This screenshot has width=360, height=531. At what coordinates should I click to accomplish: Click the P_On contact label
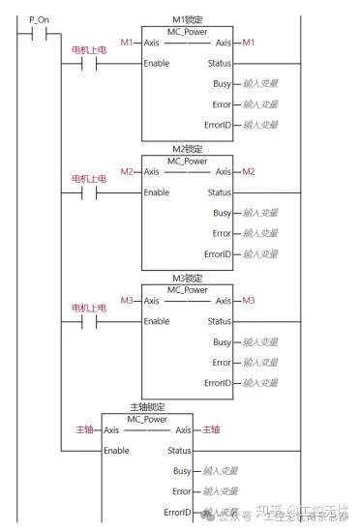(40, 19)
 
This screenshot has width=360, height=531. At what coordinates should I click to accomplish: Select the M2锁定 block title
(187, 149)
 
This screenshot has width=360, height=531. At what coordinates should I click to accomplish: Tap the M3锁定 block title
(187, 279)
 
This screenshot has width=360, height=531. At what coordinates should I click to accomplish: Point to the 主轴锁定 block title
(147, 407)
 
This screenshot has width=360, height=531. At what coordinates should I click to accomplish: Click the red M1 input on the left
(126, 43)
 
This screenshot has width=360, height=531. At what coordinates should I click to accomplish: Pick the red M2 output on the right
(249, 171)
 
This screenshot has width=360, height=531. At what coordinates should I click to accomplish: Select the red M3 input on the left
(126, 301)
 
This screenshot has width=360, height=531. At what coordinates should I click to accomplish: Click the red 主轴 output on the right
(210, 429)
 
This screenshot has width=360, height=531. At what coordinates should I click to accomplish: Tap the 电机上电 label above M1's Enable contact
(88, 49)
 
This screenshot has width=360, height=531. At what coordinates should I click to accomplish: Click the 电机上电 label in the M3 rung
(88, 308)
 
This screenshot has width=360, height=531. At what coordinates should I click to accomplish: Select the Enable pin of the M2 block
(157, 192)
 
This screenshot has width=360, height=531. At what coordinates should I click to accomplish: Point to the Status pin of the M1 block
(219, 63)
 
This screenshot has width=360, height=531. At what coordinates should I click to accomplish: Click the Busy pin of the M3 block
(222, 342)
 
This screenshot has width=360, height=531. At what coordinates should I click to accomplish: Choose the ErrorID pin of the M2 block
(218, 254)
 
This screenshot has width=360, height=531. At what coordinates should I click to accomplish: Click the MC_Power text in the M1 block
(187, 30)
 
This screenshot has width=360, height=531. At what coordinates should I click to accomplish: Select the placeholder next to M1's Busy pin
(260, 84)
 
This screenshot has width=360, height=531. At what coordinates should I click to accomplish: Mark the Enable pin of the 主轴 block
(116, 451)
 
